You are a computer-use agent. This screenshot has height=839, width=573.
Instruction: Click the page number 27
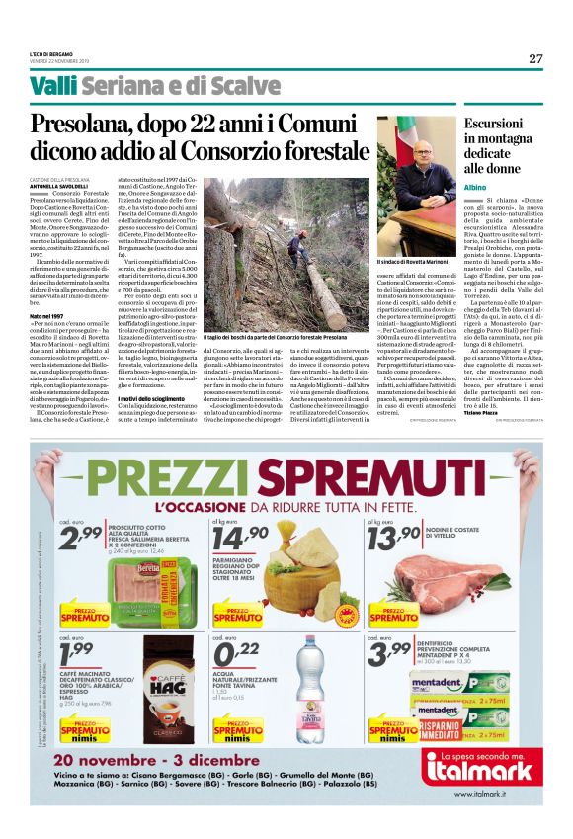pos(535,58)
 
